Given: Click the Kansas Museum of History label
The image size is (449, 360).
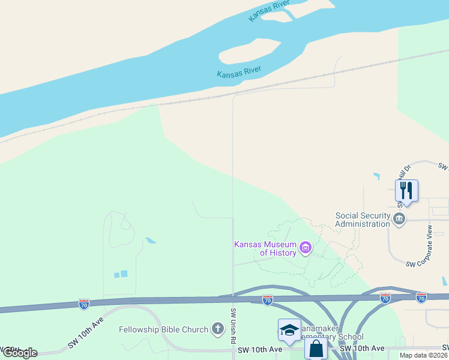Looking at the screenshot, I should coord(265,248).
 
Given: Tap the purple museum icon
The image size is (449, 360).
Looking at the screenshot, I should coord(306,247).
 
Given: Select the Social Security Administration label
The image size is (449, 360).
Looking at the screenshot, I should coord(362,220).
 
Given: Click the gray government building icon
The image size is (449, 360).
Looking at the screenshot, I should coord(399,218).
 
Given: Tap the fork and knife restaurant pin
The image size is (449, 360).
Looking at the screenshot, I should coord(406,191).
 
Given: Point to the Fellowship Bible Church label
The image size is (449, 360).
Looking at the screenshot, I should coord(163,329).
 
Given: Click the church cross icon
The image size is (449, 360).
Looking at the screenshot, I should coord(218,329).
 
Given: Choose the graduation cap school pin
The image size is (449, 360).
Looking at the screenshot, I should coord(289,330).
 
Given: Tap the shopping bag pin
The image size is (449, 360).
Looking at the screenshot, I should coord(316,349).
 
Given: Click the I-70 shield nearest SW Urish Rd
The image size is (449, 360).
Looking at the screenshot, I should coord(268,299).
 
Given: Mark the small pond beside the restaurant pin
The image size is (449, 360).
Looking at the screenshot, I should coord(376,176).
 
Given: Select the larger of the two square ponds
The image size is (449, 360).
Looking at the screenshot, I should coord(124,274).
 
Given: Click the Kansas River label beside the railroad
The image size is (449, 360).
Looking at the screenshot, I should coord(239,73).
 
